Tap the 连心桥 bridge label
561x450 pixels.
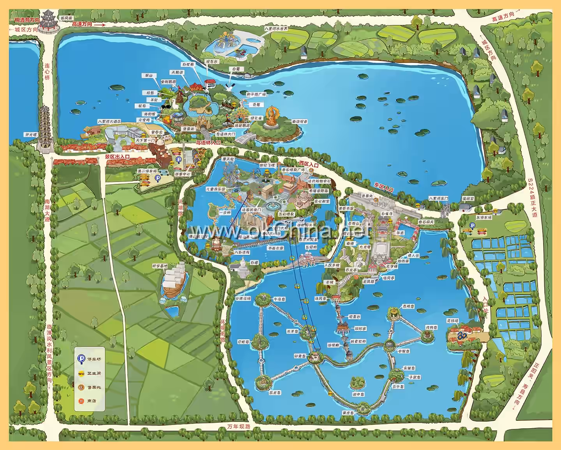point(47,72)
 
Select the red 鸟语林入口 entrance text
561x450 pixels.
point(208,143)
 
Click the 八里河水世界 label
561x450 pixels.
point(276,29)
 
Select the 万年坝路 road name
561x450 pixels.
point(239,426)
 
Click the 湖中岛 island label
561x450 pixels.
point(358,394)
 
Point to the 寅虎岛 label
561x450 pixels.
point(348,413)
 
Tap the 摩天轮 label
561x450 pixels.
point(228,160)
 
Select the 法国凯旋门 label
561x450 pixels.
point(252,210)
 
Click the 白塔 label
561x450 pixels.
point(254,263)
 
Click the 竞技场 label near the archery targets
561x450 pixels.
point(452,321)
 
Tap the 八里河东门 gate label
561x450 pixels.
point(438,199)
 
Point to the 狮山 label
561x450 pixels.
point(148,76)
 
